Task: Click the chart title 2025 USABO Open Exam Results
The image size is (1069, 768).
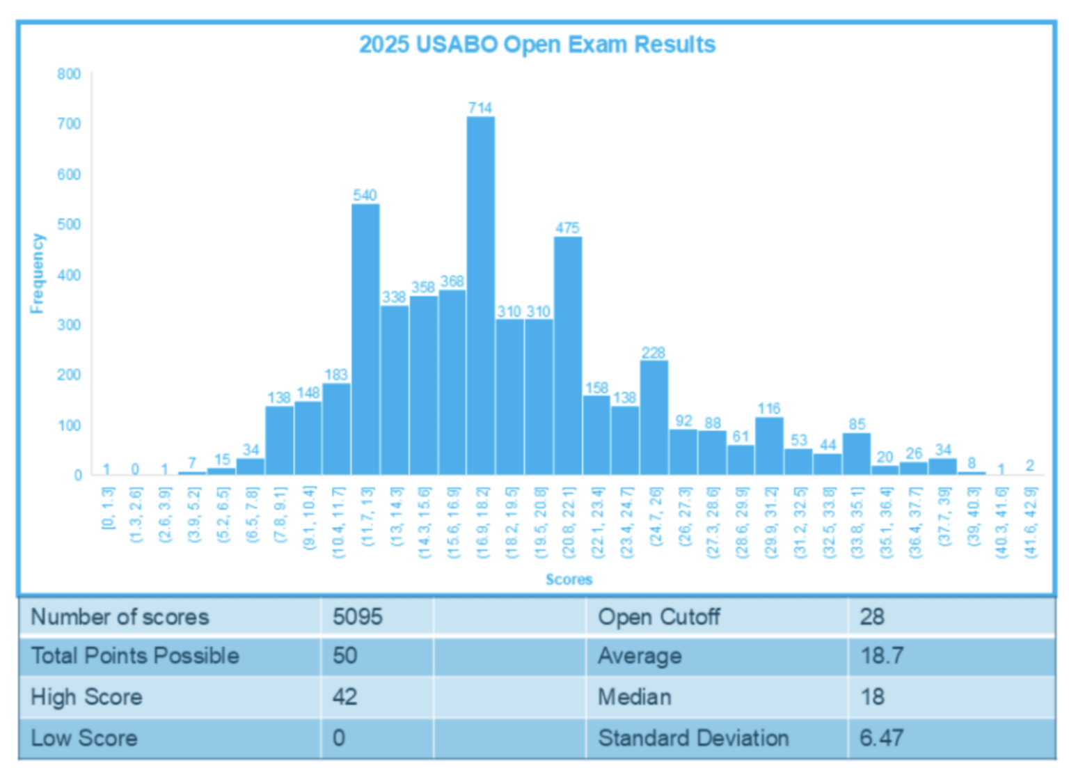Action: coord(537,45)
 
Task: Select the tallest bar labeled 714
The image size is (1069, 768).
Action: coord(480,296)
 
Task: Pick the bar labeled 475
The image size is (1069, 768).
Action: coord(568,355)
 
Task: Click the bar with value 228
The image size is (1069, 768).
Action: coord(654,417)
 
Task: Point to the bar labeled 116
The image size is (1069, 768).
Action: coord(769,446)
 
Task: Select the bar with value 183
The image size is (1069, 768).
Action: coord(336,428)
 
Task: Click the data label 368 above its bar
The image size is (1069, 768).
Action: coord(452,281)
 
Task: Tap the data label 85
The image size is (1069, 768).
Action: coord(857,424)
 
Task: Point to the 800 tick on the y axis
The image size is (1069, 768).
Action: coord(69,74)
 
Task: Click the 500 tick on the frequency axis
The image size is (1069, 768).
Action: coord(69,224)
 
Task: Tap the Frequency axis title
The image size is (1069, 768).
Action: coord(37,274)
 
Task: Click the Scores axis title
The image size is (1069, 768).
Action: coord(569,579)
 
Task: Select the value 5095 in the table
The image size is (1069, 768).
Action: coord(357,617)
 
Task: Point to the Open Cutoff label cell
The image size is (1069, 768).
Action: coord(658,617)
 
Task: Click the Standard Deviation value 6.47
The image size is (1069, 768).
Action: coord(881,738)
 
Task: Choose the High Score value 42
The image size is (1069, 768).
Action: coord(345,697)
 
